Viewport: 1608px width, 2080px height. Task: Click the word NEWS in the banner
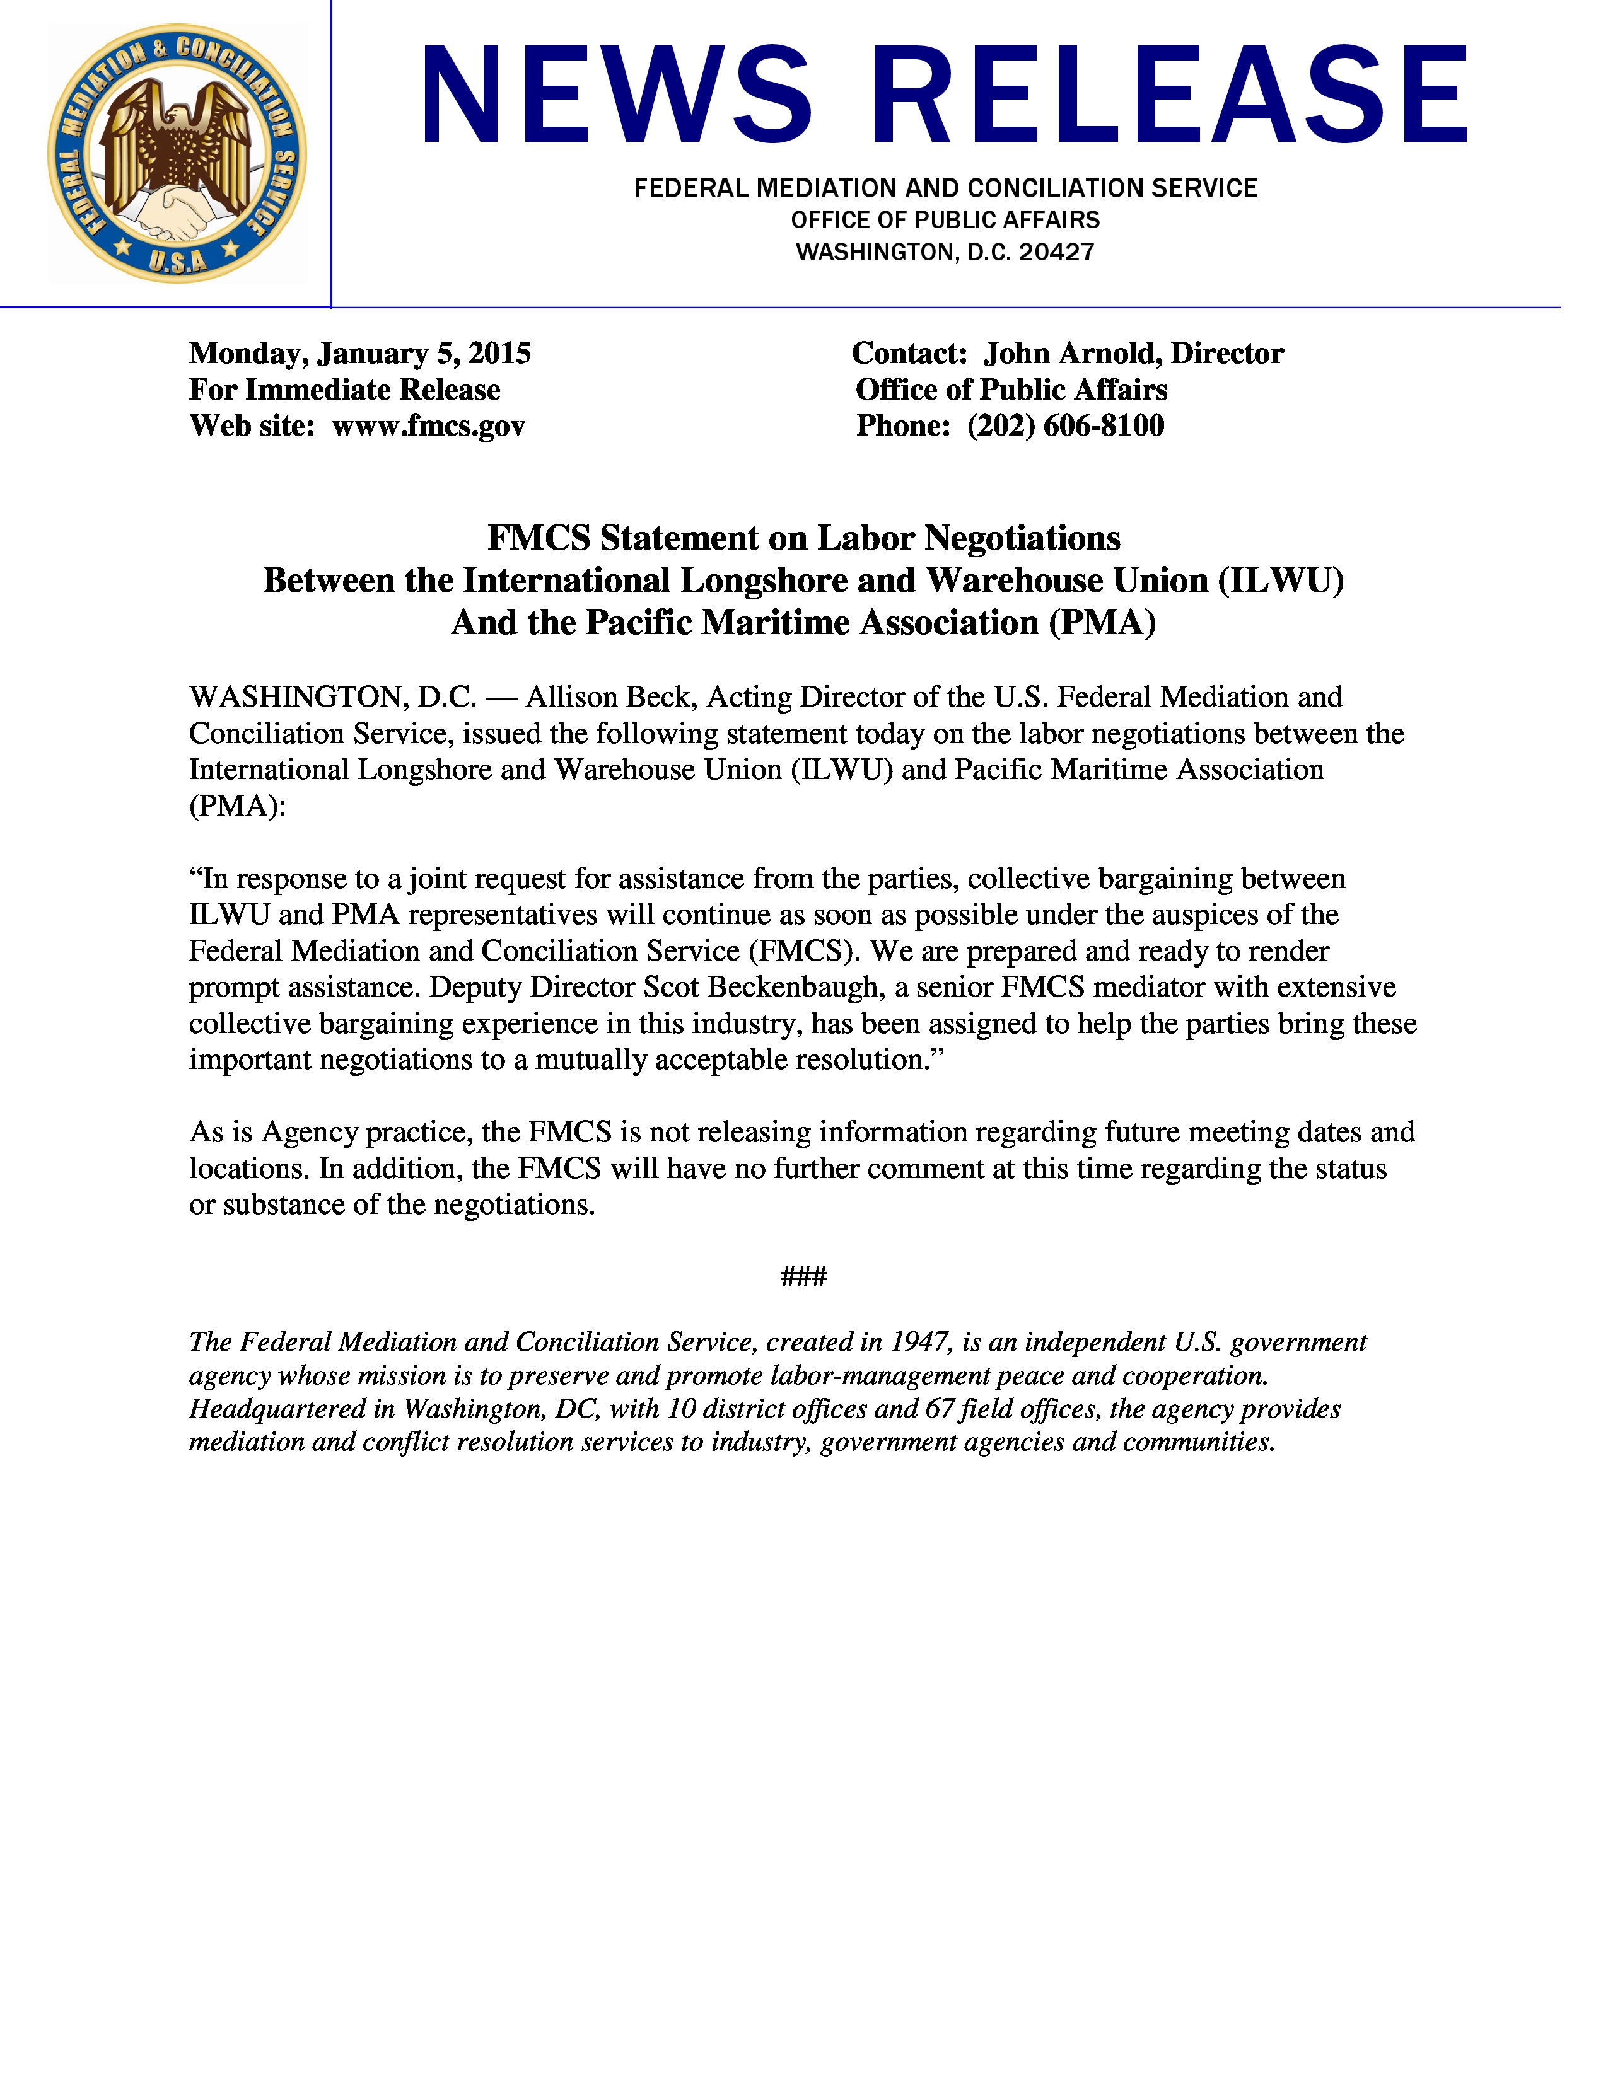click(616, 96)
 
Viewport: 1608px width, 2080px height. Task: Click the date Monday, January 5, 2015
click(360, 354)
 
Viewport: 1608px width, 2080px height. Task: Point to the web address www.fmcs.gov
click(429, 425)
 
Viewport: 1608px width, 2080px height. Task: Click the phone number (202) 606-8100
click(1065, 425)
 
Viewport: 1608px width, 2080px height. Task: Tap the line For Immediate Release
click(345, 390)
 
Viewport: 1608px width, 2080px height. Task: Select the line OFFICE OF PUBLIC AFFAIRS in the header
click(945, 220)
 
